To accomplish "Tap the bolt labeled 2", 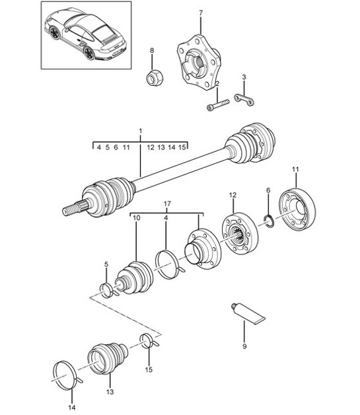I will click(218, 104).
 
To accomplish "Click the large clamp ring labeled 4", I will click(168, 261).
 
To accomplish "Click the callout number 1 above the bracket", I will click(140, 132).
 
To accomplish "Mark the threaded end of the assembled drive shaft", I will click(73, 209).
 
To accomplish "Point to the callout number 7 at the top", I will click(201, 12).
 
